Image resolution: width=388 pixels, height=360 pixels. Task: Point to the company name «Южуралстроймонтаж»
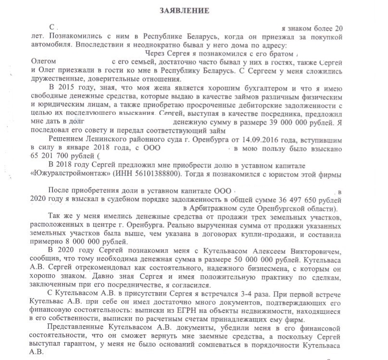tap(68, 174)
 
